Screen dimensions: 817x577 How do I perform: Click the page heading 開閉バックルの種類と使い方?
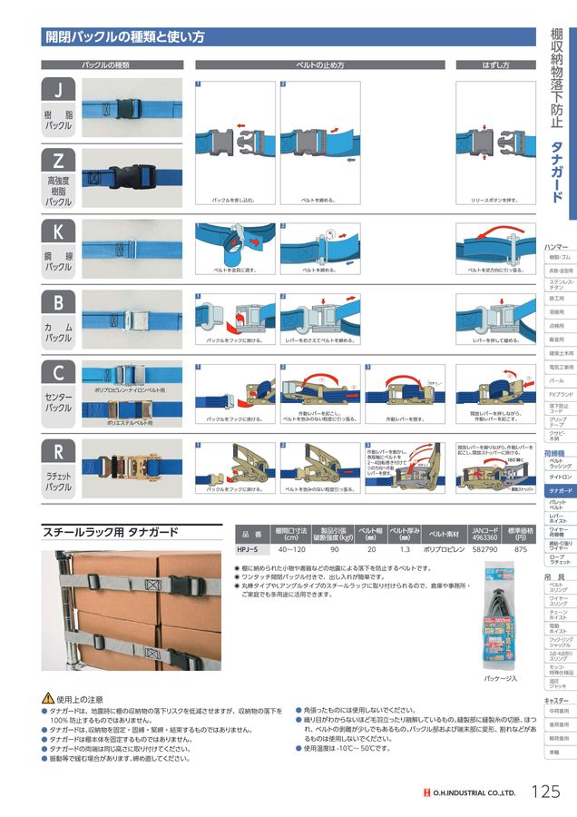point(125,37)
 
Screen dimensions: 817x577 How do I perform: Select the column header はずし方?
point(495,65)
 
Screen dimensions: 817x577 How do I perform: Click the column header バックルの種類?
point(106,65)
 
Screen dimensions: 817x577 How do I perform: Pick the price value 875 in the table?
point(520,549)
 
